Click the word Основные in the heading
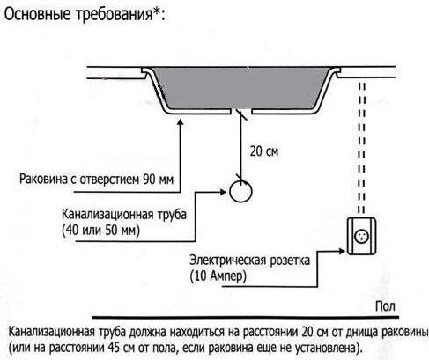(x=38, y=13)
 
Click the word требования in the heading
(x=114, y=14)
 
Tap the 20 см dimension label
(x=264, y=151)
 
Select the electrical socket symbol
(x=362, y=237)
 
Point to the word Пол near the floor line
(x=385, y=306)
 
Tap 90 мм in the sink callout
(x=159, y=179)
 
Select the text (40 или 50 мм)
(x=101, y=231)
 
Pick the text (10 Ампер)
(x=218, y=276)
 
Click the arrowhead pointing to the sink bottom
(x=181, y=121)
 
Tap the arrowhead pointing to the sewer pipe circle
(x=223, y=192)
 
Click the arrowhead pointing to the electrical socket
(x=341, y=251)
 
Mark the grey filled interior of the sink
(x=240, y=87)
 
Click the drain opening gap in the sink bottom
(x=241, y=112)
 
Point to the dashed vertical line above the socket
(x=362, y=148)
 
